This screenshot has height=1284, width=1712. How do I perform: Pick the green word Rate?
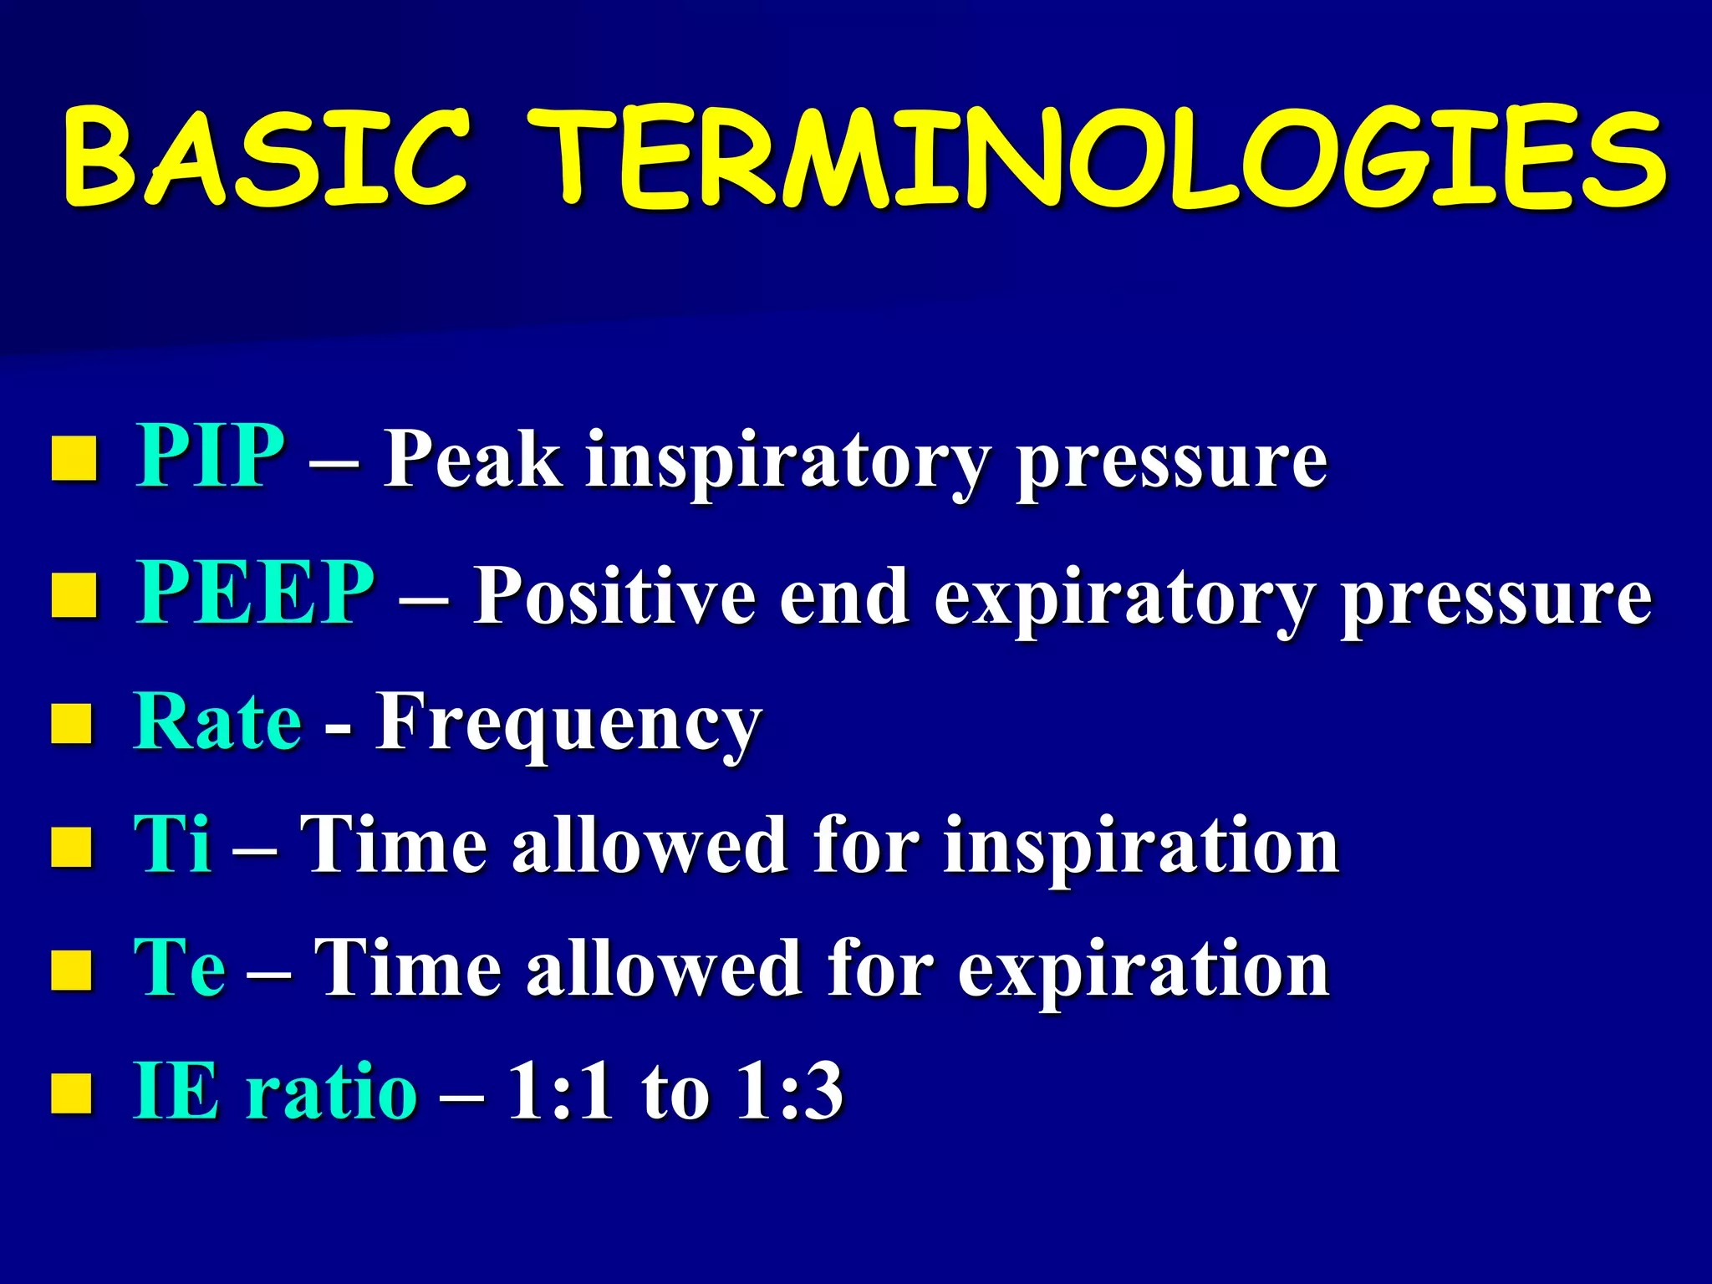tap(217, 721)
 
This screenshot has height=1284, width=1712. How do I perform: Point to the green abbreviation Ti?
tap(172, 844)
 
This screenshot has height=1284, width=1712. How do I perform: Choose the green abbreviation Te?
tap(179, 968)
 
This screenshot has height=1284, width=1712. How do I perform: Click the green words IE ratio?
tap(276, 1091)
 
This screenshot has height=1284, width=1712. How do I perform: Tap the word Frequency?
tap(568, 724)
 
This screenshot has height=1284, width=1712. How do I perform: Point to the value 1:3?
tap(789, 1091)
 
